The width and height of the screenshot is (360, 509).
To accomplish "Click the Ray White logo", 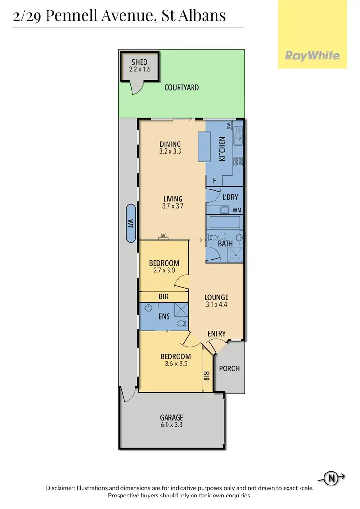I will tap(313, 56).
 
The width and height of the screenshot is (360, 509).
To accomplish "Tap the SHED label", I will tap(140, 62).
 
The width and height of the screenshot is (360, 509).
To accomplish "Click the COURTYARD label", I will tap(181, 88).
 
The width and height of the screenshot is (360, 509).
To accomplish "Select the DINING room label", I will tap(170, 144).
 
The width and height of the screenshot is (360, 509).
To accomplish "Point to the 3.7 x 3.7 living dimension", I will tap(173, 206).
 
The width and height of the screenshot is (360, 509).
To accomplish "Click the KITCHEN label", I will tap(222, 148).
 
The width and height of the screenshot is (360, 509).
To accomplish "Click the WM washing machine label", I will tap(236, 210).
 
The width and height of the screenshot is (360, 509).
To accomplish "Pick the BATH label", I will tap(225, 244).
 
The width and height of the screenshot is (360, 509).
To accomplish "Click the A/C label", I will tap(163, 235).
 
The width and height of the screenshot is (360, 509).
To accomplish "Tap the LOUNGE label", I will tap(216, 297).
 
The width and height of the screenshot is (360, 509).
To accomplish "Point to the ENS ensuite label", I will tap(164, 317).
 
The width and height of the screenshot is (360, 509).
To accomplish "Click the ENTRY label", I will tap(216, 334).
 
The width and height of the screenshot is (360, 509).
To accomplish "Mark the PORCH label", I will tap(229, 368).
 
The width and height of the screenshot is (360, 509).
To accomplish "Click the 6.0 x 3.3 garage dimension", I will tap(172, 425).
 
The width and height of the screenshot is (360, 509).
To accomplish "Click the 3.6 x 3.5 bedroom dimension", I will tap(175, 364).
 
